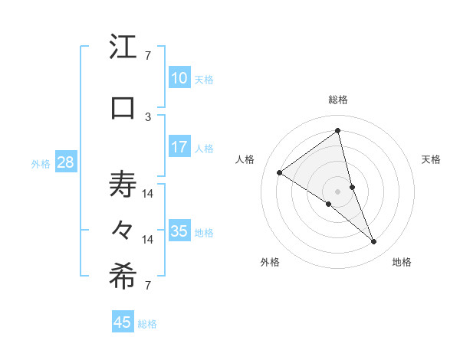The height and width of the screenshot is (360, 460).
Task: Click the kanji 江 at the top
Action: click(123, 48)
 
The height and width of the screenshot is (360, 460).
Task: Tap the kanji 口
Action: click(123, 107)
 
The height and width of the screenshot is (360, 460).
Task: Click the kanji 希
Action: click(123, 277)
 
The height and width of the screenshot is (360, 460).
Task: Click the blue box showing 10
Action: click(179, 78)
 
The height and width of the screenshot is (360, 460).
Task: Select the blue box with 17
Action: click(179, 147)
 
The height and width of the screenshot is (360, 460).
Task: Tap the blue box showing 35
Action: click(179, 231)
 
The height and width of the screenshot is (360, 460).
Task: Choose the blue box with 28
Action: click(65, 162)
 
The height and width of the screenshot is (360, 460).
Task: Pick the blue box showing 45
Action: click(123, 322)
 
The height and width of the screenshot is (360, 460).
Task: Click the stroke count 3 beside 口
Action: click(148, 116)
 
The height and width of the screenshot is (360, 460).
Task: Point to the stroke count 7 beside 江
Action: click(148, 55)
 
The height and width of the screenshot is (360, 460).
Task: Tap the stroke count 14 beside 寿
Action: click(148, 193)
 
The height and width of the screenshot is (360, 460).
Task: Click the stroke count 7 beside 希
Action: click(148, 286)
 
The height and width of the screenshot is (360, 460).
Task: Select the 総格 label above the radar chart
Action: click(337, 100)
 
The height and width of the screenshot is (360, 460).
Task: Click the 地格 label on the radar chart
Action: click(402, 262)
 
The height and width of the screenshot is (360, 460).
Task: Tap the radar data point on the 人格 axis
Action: click(280, 172)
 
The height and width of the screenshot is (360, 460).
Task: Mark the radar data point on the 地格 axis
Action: click(374, 241)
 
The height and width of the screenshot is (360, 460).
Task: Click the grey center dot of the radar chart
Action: click(337, 191)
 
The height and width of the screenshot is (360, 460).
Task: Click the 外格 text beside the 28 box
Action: click(41, 163)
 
